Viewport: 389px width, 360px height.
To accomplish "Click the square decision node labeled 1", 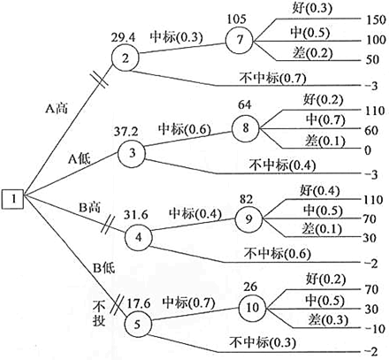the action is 13,199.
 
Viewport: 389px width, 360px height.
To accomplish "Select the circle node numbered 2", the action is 126,58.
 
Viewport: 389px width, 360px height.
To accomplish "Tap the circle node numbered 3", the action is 132,153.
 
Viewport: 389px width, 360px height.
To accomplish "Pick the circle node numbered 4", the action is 138,237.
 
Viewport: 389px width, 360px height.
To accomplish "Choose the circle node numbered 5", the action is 138,325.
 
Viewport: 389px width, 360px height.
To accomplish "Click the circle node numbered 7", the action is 240,40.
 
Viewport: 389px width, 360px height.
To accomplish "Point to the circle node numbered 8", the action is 246,128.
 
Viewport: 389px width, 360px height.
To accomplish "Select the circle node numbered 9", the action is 249,219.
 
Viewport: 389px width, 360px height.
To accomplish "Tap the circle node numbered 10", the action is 253,308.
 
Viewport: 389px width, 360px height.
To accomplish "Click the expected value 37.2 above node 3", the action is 126,132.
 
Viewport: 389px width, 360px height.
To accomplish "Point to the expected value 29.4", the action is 123,37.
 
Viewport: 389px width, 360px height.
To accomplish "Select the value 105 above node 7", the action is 237,19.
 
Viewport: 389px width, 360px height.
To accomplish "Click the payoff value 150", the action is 376,19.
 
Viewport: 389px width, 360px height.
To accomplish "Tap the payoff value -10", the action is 375,328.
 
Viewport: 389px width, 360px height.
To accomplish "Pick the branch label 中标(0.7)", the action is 188,303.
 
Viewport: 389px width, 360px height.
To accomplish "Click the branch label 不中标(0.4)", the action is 282,165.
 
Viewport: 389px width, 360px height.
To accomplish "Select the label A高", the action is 57,109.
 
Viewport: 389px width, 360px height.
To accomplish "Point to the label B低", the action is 103,268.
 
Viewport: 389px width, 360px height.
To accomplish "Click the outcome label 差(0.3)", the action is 328,320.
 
